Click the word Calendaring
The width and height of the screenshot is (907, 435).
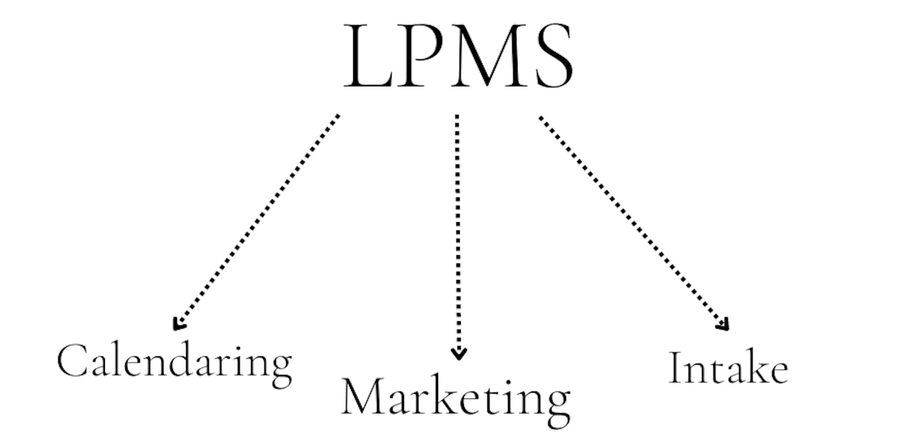(174, 362)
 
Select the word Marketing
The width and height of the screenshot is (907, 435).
(456, 398)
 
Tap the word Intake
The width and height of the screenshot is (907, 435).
(728, 368)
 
